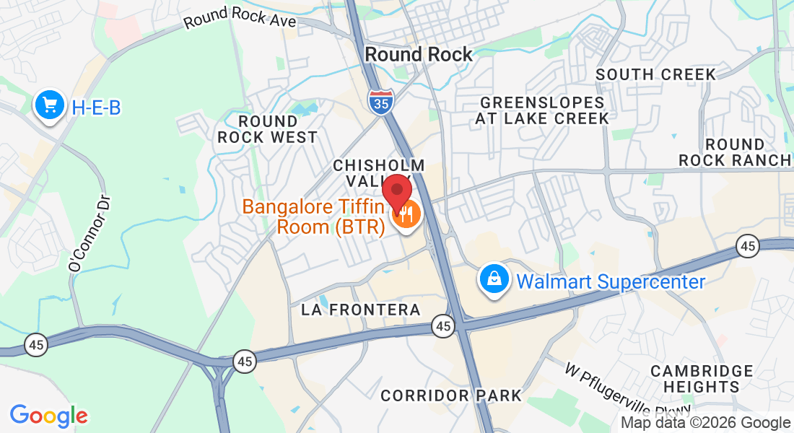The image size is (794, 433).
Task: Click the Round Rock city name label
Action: (x=419, y=54)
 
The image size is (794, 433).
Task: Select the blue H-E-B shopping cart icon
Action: (x=50, y=106)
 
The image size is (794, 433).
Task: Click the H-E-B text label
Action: (x=96, y=108)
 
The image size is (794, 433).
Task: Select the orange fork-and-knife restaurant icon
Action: (x=406, y=215)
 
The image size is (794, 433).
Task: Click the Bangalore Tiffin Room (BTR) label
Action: (x=318, y=216)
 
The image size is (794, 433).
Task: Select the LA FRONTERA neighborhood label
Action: (x=361, y=310)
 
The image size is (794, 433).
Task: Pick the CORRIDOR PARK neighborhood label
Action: (x=451, y=395)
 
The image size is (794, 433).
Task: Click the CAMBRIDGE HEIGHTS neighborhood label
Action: (x=702, y=379)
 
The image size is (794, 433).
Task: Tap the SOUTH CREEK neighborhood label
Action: (x=656, y=74)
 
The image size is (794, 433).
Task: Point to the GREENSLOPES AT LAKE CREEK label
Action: (x=542, y=110)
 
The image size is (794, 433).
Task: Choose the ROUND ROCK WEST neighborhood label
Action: (x=268, y=129)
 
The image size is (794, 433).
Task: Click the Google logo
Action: (x=48, y=416)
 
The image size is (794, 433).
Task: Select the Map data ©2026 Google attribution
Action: (x=706, y=423)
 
